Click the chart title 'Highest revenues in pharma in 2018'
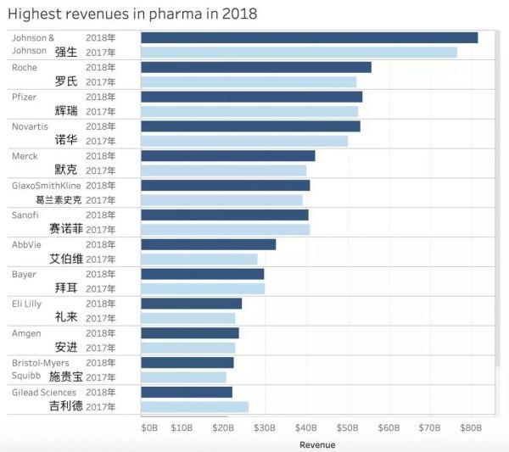coord(132,14)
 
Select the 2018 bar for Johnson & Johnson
coord(309,37)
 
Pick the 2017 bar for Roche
coord(249,81)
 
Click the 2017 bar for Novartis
coord(244,141)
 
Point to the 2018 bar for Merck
coord(227,156)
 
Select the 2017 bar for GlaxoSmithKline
coord(221,200)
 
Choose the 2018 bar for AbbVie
coord(208,244)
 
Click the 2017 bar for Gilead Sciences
coord(194,407)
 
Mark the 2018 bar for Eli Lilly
coord(191,304)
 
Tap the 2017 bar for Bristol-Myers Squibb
coord(183,377)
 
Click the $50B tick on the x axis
coord(347,428)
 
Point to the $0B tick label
coord(148,428)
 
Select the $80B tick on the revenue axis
coord(471,428)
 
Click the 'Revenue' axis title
coord(317,444)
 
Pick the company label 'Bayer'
coord(24,274)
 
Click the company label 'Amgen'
coord(26,333)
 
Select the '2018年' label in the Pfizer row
coord(100,97)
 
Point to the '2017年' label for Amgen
coord(100,348)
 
